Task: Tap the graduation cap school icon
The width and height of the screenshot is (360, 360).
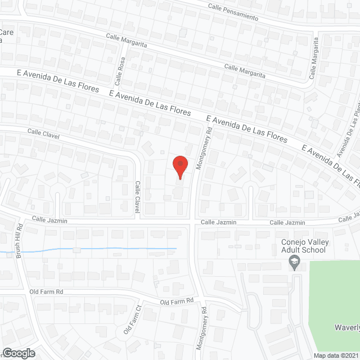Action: point(293,262)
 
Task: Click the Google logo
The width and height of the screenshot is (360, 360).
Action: point(18,353)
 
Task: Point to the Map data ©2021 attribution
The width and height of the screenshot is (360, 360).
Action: point(336,355)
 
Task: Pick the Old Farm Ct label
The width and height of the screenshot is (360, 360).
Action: point(133,319)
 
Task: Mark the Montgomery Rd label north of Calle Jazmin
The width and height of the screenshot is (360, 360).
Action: point(204,148)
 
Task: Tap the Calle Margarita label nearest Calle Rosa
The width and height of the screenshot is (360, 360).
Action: point(127,40)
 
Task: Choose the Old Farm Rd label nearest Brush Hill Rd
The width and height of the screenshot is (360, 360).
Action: point(47,292)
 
